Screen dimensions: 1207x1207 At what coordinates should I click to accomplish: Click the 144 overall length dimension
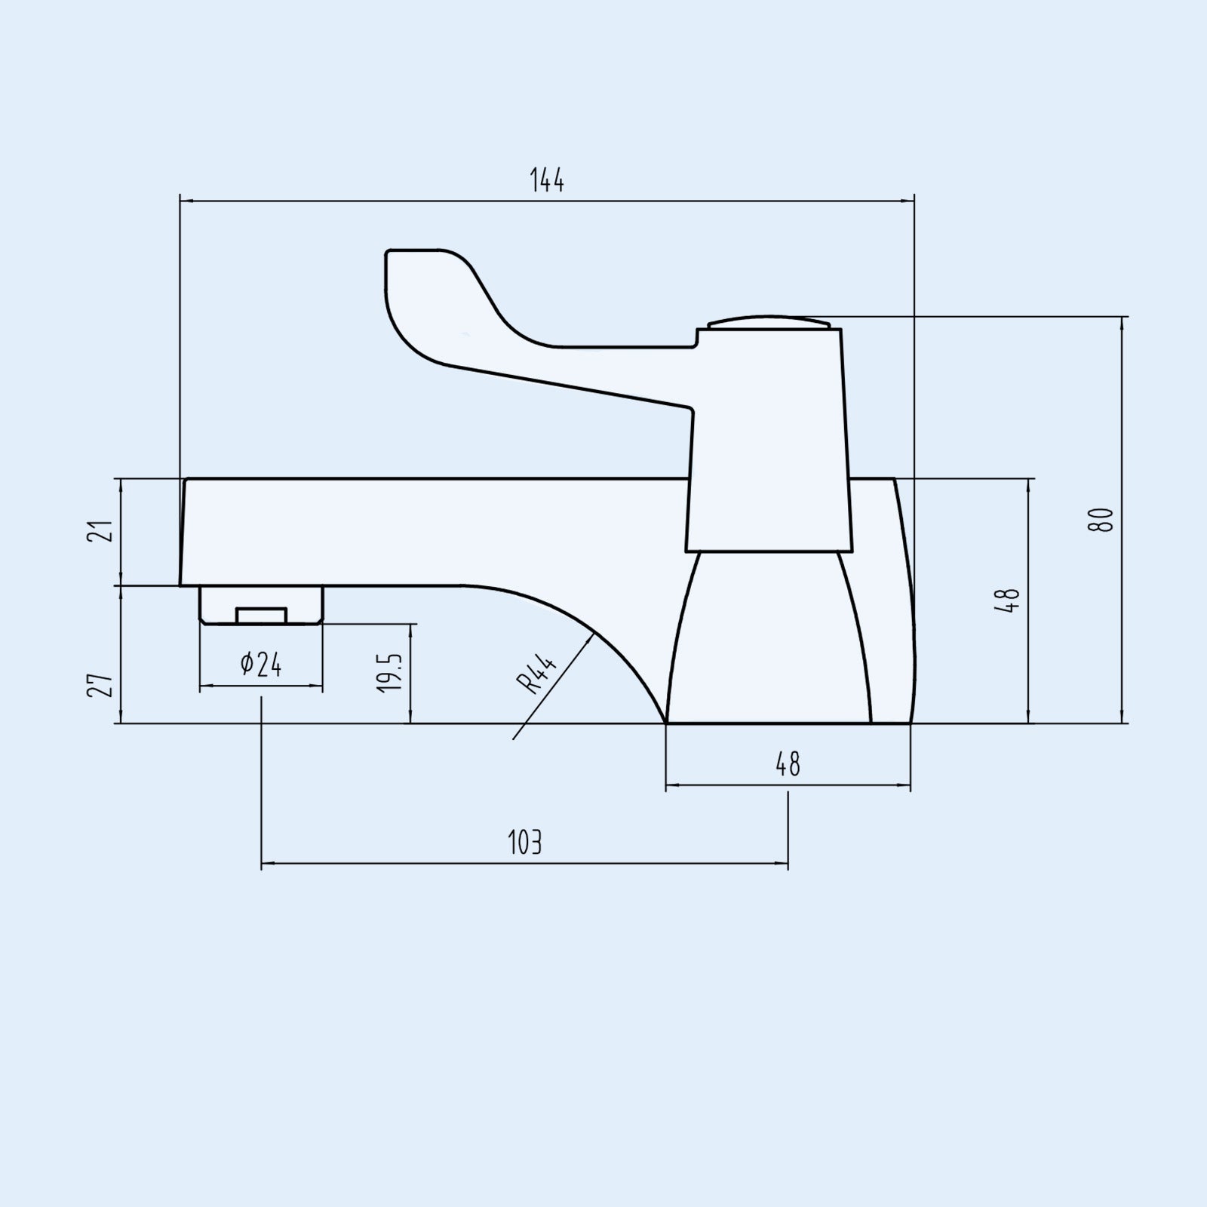547,181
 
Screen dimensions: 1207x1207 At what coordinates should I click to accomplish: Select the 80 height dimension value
1102,520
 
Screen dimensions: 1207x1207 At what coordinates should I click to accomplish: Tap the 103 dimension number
525,843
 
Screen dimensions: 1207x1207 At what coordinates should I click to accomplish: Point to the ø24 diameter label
261,665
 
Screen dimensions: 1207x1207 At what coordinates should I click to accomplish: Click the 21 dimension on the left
106,530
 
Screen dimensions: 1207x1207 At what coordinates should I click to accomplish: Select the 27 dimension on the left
106,686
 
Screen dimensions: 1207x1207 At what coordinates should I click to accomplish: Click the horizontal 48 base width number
788,765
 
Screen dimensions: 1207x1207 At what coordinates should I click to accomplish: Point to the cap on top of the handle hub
769,322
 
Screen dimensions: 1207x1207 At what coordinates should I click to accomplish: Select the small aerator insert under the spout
262,615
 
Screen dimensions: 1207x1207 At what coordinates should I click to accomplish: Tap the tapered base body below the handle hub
769,641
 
